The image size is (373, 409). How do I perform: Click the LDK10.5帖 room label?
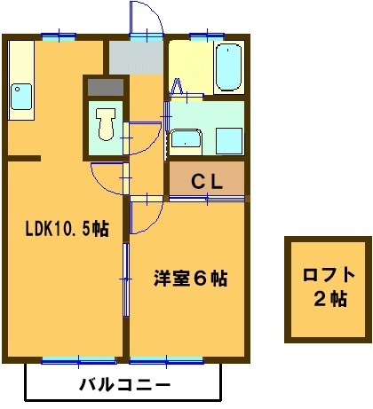click(x=66, y=229)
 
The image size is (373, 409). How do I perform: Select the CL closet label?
click(x=207, y=181)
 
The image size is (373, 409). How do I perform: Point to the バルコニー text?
click(x=123, y=385)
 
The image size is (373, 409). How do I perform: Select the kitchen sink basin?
click(x=21, y=95)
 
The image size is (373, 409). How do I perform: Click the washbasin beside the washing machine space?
click(x=186, y=140)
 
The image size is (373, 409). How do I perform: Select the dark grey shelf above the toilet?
click(x=107, y=87)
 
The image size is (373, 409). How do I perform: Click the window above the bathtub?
click(x=204, y=35)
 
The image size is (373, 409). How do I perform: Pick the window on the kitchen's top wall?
click(x=55, y=35)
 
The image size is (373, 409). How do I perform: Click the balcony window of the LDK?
click(x=78, y=360)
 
